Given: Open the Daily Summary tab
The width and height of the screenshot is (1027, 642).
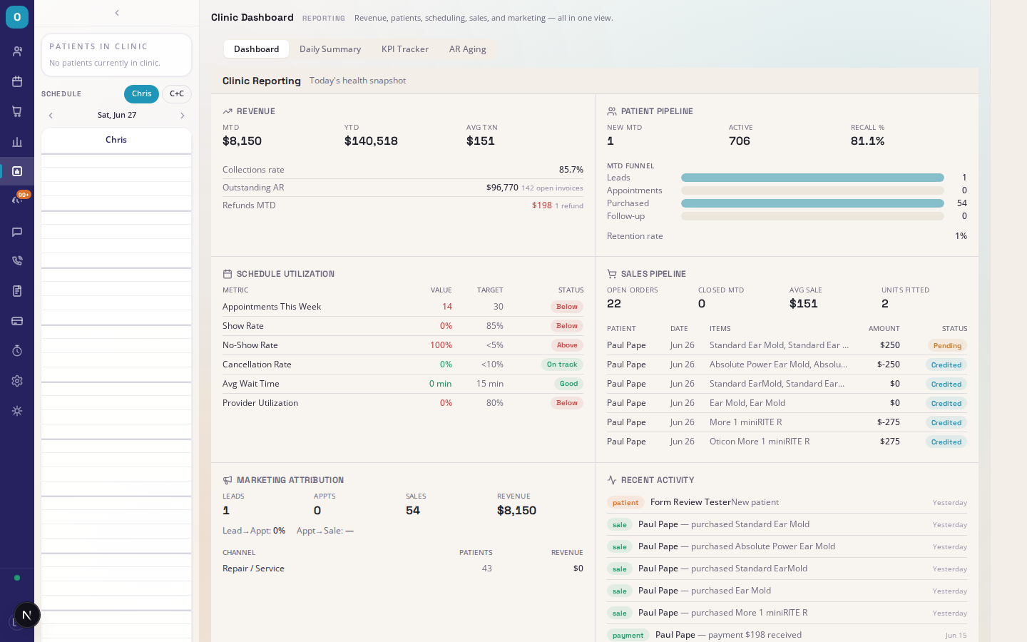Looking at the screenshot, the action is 330,49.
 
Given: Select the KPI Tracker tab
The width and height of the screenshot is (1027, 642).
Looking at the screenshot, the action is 405,49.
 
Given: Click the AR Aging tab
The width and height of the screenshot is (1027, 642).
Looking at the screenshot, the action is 467,49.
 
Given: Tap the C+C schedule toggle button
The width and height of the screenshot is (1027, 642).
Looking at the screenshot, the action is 177,93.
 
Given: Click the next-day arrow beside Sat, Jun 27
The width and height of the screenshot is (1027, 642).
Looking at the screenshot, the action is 183,116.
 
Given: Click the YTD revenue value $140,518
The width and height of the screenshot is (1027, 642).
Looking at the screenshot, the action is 371,141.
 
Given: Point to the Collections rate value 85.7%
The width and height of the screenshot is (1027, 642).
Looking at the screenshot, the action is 571,170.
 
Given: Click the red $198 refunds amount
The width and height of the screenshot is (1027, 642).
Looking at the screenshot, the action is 541,205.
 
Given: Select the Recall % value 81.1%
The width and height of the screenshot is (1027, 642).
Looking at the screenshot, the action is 867,141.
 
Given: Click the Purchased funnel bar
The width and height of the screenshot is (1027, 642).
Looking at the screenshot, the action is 812,203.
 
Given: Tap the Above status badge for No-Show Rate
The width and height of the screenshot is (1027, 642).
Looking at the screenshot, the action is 567,345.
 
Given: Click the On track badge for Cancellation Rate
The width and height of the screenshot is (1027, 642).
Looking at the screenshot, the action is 562,364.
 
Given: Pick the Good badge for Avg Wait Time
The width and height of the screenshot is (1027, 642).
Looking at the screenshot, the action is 568,383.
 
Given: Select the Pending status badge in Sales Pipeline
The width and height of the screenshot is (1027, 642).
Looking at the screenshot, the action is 947,345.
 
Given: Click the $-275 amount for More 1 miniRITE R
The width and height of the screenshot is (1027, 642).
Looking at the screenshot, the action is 888,422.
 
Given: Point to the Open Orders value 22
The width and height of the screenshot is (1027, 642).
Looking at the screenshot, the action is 614,304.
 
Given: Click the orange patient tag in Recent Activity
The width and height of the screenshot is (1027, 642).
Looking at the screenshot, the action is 625,503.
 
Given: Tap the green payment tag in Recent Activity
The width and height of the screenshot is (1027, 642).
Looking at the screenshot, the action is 628,635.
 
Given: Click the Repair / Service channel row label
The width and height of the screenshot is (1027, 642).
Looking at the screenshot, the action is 253,568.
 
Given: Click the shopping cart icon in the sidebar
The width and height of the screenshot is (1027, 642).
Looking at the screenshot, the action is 17,111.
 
